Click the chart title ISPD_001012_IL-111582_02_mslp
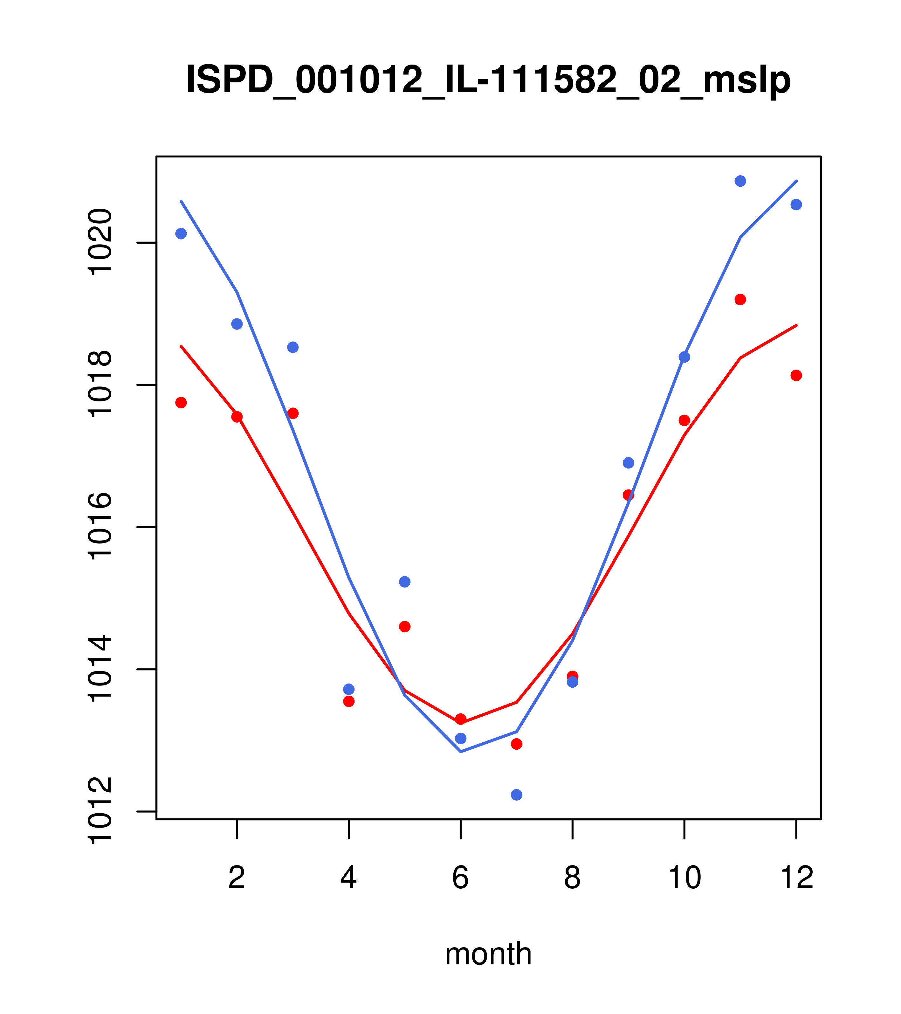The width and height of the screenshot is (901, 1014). [x=488, y=80]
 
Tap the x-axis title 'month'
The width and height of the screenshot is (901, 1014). [x=488, y=954]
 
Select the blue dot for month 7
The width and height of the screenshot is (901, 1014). [x=516, y=795]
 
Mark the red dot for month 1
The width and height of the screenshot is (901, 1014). [x=181, y=402]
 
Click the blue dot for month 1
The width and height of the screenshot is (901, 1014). [x=181, y=234]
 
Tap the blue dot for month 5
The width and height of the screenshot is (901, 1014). [x=405, y=581]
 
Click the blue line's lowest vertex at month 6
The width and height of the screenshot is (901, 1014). [x=461, y=752]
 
